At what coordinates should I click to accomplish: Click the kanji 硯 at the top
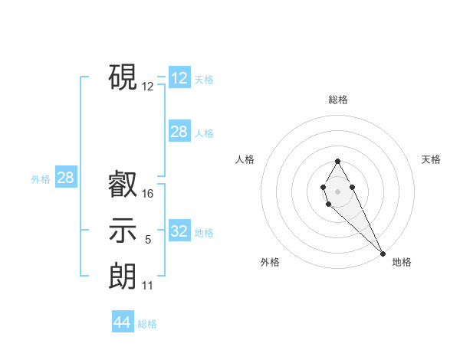click(123, 77)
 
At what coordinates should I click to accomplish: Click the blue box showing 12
click(179, 77)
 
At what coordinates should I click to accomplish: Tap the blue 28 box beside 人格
click(179, 132)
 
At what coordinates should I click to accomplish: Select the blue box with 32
click(179, 231)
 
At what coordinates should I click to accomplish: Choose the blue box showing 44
click(123, 322)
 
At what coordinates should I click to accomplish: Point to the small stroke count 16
click(148, 194)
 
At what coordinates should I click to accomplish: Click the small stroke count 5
click(148, 240)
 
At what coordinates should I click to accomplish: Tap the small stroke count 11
click(148, 286)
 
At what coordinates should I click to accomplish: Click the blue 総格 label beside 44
click(147, 324)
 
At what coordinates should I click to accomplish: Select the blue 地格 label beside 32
click(204, 233)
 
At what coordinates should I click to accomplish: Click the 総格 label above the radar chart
click(338, 100)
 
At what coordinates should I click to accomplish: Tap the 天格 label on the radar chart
click(432, 159)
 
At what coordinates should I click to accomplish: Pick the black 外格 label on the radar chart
click(270, 263)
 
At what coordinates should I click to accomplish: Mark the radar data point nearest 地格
click(383, 253)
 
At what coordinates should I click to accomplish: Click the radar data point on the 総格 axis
click(337, 162)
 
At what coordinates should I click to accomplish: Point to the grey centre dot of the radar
click(337, 190)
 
